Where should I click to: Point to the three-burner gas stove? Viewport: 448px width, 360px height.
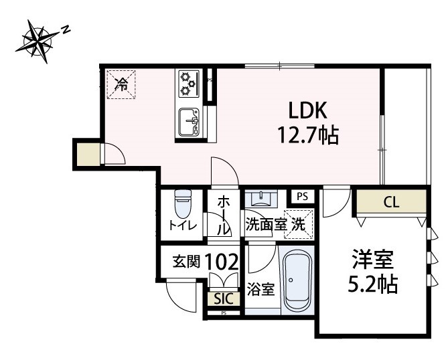pyautogui.click(x=188, y=84)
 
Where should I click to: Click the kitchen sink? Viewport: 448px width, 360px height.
pyautogui.click(x=189, y=121)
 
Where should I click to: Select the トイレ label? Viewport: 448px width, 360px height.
pyautogui.click(x=182, y=226)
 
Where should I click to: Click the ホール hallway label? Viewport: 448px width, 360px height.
pyautogui.click(x=224, y=213)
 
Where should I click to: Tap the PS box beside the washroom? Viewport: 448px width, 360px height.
pyautogui.click(x=302, y=197)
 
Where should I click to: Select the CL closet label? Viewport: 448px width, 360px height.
pyautogui.click(x=390, y=201)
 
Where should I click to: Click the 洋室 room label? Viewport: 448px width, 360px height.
pyautogui.click(x=372, y=258)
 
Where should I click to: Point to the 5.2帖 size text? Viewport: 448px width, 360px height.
pyautogui.click(x=372, y=285)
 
